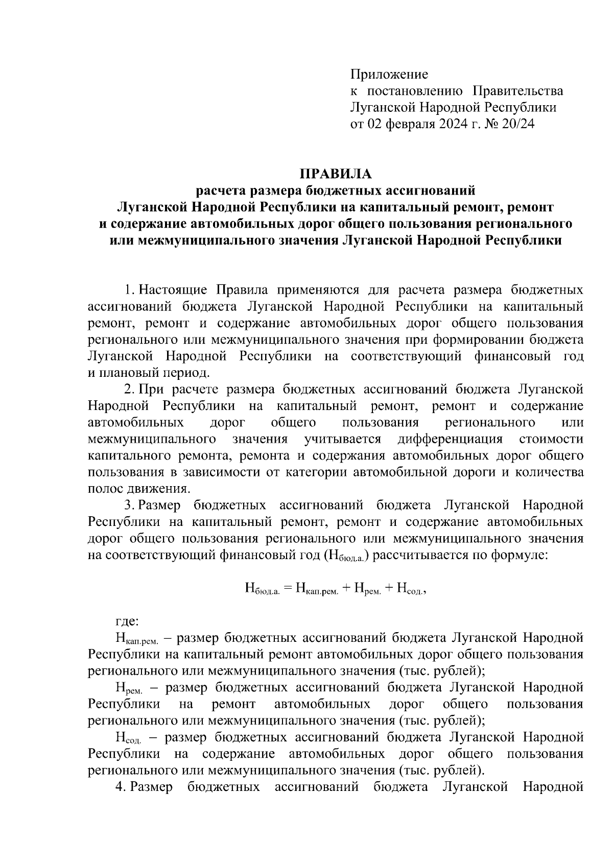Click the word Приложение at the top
(x=389, y=75)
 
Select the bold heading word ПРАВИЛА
(x=336, y=174)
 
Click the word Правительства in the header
(x=518, y=91)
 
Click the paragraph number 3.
(x=129, y=506)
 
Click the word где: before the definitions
(x=126, y=621)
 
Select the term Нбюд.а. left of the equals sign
(x=262, y=589)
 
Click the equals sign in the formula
(x=287, y=589)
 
